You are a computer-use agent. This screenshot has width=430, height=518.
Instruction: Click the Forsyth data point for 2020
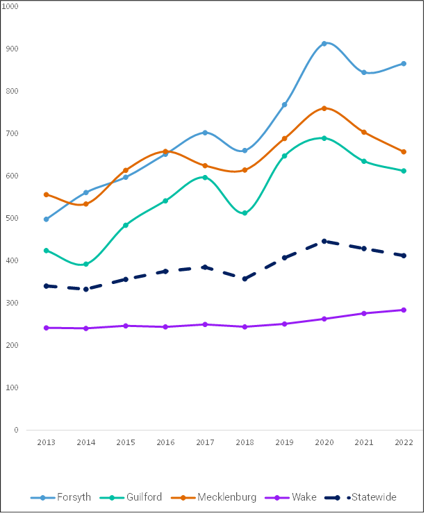pos(324,44)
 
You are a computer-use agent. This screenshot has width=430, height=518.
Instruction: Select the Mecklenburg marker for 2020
pos(324,108)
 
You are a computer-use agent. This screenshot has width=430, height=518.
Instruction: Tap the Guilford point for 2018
pos(245,213)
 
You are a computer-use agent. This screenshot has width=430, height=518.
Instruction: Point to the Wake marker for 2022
pos(404,310)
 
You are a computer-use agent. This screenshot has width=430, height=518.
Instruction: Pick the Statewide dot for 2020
pos(324,241)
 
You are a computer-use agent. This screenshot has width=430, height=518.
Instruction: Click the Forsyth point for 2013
pos(47,219)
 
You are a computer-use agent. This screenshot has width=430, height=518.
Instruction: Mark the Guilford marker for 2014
pos(86,265)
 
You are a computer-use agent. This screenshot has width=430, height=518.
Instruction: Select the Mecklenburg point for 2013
pos(47,194)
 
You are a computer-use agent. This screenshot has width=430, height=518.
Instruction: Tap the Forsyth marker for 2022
pos(404,64)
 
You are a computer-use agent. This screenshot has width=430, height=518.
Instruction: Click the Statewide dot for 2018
pos(245,278)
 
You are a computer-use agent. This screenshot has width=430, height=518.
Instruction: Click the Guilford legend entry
pos(132,497)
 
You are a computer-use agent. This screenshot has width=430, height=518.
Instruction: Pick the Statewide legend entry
pos(365,497)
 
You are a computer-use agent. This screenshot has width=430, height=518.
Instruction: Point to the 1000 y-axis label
pos(12,6)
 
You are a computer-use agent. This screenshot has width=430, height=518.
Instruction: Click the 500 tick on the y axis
pos(13,218)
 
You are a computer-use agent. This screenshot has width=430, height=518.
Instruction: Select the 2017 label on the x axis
pos(205,442)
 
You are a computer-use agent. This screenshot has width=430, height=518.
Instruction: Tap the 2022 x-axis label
pos(404,442)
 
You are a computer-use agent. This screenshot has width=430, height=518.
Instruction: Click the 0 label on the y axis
pos(16,430)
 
